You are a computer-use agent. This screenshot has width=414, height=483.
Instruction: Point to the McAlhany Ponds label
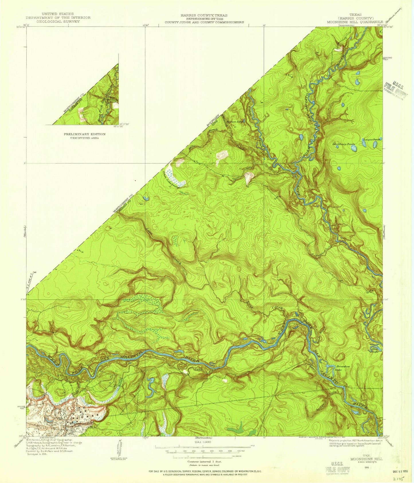pos(344,144)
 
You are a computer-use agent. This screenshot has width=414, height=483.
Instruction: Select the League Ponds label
pos(372,139)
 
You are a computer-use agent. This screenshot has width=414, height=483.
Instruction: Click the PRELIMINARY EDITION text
pos(85,134)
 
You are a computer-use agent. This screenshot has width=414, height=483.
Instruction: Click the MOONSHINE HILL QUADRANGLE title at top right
pos(355,22)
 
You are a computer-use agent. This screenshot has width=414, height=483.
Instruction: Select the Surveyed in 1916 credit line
pos(38,454)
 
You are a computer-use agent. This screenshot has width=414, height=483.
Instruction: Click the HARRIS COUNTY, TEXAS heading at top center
pos(204,15)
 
